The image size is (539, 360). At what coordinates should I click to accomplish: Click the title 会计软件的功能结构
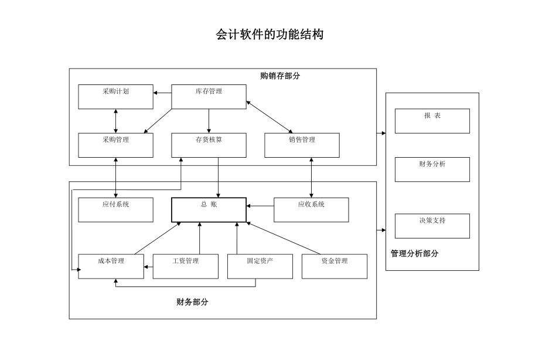coord(269,35)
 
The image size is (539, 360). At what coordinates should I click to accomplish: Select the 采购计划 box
coord(115,97)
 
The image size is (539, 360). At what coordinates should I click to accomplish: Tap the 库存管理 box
coord(209,97)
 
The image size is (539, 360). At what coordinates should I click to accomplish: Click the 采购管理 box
coord(115,145)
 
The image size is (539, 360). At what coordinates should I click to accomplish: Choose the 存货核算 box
coord(209,145)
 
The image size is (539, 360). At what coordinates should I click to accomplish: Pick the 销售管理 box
coord(302,145)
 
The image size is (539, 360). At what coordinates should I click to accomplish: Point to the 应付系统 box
coord(115,209)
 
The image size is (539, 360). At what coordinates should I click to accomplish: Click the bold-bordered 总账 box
coord(209,209)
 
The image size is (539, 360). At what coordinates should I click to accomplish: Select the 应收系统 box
coord(311,209)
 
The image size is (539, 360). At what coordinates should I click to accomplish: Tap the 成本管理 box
coord(111,266)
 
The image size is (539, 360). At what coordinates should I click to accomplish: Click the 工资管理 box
coord(185,266)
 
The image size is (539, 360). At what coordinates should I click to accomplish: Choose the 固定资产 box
coord(260,266)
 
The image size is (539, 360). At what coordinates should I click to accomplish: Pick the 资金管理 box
coord(335,266)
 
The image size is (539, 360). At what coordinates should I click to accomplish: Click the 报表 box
coord(432,121)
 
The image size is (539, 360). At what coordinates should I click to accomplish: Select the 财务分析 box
coord(432,169)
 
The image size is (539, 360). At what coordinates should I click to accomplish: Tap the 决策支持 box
coord(432,226)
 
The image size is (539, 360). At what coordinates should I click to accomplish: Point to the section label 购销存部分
coord(280,76)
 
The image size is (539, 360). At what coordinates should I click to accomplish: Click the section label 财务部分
coord(192,303)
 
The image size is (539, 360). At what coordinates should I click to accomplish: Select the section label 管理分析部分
coord(414,254)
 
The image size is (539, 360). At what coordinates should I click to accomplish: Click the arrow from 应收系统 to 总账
coord(260,206)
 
